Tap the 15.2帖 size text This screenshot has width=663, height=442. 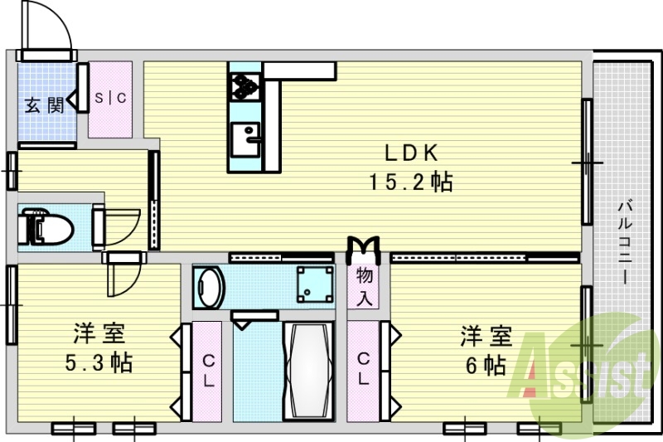pos(410,182)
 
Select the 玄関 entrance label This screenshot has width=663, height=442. pos(43,105)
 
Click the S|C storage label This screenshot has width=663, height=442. pos(110,98)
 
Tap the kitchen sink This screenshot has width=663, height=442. pos(245,138)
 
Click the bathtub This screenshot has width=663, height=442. pos(307,370)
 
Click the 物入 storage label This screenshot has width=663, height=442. pos(365,286)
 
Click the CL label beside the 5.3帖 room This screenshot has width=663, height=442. pos(207,371)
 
